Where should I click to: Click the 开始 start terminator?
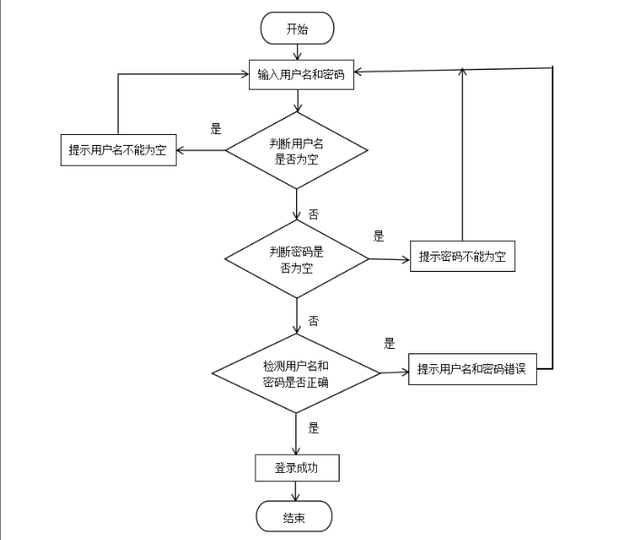coord(297,28)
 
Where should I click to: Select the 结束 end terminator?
coord(294,516)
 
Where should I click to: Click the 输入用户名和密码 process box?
coord(302,75)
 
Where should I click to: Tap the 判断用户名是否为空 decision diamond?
coord(296,150)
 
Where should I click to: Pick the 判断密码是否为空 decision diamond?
coord(296,259)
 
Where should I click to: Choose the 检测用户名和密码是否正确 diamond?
coord(296,373)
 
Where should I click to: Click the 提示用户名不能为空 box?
coord(119,149)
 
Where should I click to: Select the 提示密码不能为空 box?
coord(463,256)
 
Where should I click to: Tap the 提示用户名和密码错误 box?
coord(473,369)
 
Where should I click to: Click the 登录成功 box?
coord(297,468)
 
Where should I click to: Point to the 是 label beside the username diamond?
coord(216,129)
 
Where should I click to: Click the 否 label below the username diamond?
coord(313,215)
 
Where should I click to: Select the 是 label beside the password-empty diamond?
coord(379,236)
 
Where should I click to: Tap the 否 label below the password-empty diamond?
coord(313,321)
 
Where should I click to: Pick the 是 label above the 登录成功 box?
coord(313,428)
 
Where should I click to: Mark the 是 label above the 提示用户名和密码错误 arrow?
coord(389,343)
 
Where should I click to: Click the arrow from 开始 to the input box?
coord(297,52)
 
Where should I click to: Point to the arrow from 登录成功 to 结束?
coord(295,491)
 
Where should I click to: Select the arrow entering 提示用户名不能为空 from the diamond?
coord(201,150)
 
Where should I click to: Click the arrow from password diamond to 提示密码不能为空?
coord(389,260)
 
